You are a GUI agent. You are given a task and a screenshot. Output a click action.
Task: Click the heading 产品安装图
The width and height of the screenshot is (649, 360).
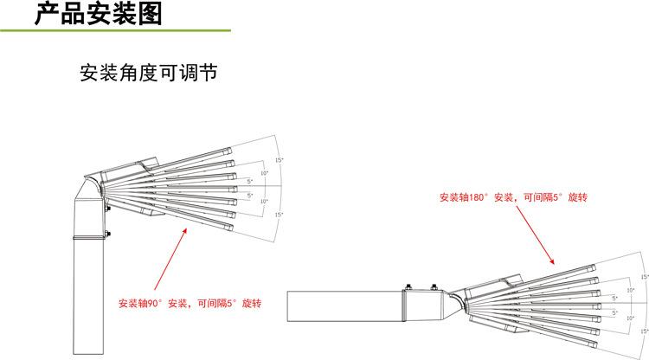pos(97,14)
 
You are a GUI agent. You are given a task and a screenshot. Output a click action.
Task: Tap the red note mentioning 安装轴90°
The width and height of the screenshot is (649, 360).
pos(190,304)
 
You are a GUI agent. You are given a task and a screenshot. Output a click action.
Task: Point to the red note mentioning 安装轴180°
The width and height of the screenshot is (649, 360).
pos(513,198)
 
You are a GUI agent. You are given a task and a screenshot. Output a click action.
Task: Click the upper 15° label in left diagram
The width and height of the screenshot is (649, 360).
pos(279,161)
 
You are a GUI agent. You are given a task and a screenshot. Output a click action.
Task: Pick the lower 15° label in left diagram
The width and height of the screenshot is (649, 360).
pos(279,215)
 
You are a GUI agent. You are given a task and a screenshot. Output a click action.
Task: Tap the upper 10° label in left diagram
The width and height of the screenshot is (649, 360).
pos(265,173)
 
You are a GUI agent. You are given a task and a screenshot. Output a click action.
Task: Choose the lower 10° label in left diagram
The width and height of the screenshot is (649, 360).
pos(265,201)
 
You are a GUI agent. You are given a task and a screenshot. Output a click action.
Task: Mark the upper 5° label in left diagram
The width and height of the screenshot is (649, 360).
pos(251,180)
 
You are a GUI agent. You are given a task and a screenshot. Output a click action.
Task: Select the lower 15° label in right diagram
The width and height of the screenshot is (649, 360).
pos(643,331)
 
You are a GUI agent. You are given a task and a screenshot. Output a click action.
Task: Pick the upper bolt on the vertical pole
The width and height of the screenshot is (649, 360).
pos(108,208)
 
